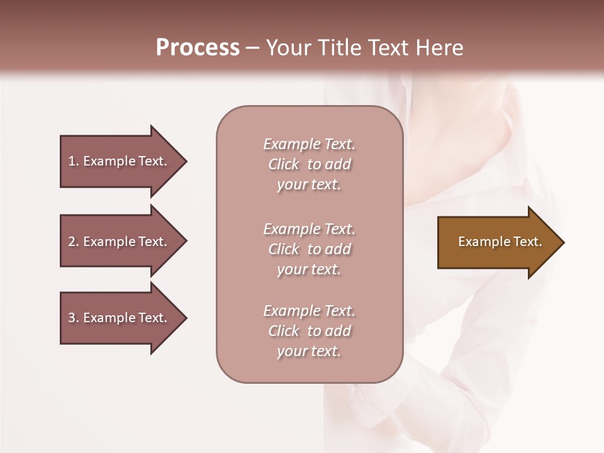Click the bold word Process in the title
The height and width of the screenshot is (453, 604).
[198, 48]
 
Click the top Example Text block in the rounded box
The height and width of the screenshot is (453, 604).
[309, 164]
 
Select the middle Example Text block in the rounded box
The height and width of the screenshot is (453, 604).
[309, 249]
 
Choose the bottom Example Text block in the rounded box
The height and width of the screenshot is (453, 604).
[309, 331]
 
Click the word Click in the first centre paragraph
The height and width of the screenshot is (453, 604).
[283, 164]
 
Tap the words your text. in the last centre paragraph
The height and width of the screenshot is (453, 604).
[309, 351]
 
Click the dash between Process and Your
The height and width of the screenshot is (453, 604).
[253, 48]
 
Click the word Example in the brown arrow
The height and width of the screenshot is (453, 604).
[480, 242]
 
